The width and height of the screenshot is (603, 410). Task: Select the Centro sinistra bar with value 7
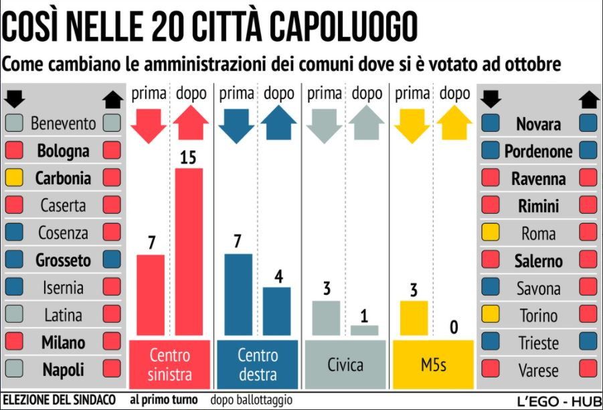tap(151, 295)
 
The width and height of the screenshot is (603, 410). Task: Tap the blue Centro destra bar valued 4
tap(276, 312)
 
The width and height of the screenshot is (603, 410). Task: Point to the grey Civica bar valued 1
tap(364, 330)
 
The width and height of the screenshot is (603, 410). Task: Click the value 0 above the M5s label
tap(454, 328)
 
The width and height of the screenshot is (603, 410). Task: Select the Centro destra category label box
tap(258, 364)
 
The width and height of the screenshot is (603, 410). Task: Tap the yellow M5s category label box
tap(433, 364)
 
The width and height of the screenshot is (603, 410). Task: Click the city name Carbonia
tap(62, 178)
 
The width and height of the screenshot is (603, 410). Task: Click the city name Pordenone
tap(538, 151)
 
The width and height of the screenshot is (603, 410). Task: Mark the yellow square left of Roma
tap(491, 233)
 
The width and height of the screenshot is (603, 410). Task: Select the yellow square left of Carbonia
tap(13, 178)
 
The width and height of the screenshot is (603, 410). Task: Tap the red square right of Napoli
tap(112, 369)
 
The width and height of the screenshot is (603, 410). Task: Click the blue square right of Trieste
tap(588, 342)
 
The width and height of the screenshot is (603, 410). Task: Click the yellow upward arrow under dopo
tap(454, 123)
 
